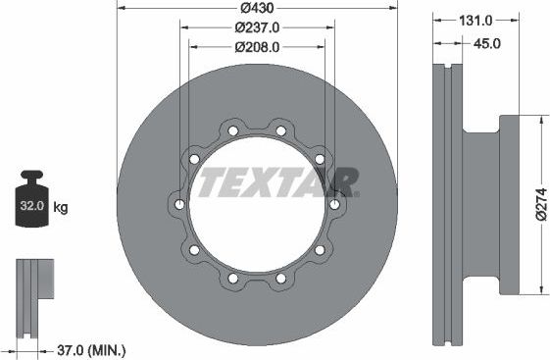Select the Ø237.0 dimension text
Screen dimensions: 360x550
click(256, 27)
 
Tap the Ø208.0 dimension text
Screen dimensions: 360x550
click(256, 46)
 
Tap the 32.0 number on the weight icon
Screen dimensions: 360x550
click(32, 208)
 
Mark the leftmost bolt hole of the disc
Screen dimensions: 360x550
click(179, 204)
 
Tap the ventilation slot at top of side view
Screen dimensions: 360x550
click(448, 70)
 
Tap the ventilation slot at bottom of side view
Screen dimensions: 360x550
click(448, 338)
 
